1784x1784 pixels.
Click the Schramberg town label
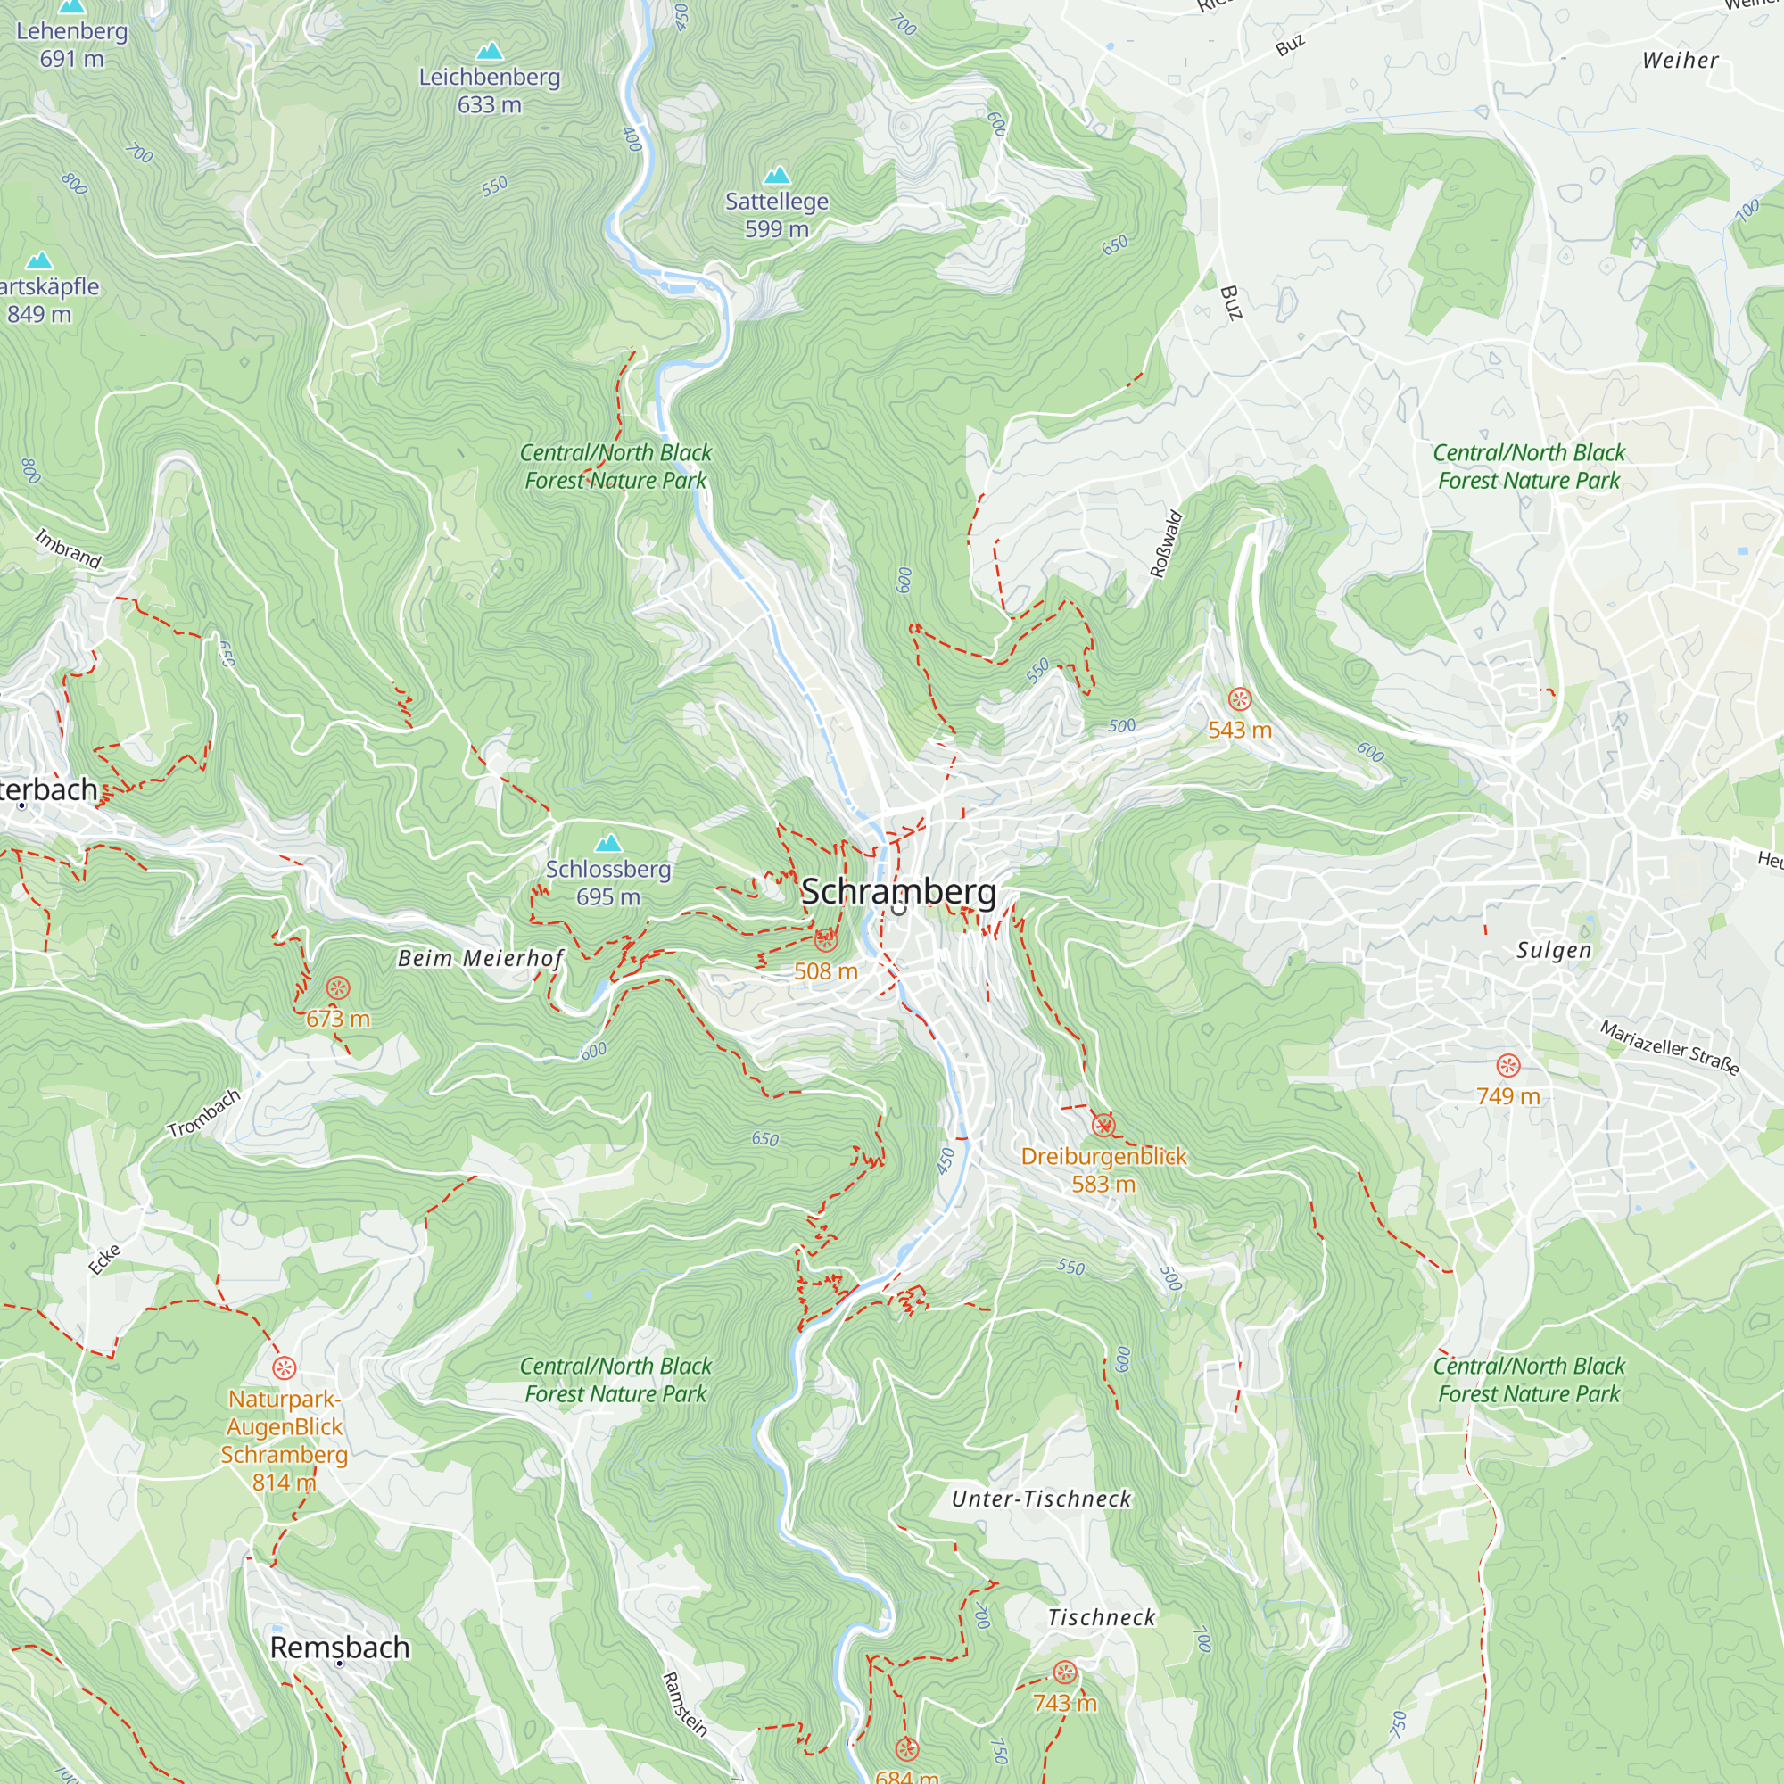pos(897,891)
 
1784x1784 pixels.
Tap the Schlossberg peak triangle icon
pos(607,843)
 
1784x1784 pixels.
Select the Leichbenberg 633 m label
pos(490,90)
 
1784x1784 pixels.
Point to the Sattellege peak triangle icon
pos(777,176)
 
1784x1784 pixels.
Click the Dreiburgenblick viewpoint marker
pos(1103,1125)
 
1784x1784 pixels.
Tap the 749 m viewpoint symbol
pos(1507,1066)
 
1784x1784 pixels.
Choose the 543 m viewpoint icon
pos(1239,699)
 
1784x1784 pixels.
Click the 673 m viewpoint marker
pos(338,988)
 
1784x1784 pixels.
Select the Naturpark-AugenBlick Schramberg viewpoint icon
pos(285,1367)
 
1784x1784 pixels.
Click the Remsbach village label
pos(339,1647)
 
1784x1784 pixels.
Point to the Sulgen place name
pos(1554,950)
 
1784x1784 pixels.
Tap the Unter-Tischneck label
pos(1041,1499)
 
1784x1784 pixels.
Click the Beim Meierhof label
pos(480,959)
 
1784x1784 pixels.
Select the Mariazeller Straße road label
pos(1670,1047)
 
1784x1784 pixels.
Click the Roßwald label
pos(1166,544)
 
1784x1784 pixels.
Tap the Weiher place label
pos(1680,60)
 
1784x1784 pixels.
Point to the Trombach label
pos(204,1112)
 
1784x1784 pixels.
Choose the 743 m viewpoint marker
pos(1065,1672)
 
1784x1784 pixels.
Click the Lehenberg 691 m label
pos(72,45)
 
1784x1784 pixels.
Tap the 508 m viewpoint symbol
pos(824,940)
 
